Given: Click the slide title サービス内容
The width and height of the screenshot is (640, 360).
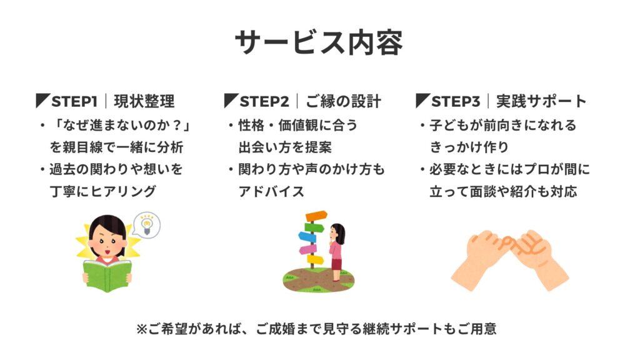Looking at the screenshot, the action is [x=319, y=42].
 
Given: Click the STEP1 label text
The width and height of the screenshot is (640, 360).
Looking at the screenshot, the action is [x=74, y=101].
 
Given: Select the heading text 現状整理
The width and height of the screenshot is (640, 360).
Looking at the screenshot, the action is [x=144, y=101].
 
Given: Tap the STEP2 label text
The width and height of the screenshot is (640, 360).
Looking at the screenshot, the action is [x=264, y=101].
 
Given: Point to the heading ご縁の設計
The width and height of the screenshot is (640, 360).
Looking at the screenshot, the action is [x=343, y=101].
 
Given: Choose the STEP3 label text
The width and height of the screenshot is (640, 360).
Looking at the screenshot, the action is [x=456, y=101].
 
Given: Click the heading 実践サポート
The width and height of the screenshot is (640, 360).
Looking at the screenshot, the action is [x=541, y=101].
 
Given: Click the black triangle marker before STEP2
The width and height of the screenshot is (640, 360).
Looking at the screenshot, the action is [x=231, y=101].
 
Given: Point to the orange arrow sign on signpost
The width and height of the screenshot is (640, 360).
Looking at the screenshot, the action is [x=316, y=216].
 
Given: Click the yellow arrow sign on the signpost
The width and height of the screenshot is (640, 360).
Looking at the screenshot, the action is [x=315, y=259].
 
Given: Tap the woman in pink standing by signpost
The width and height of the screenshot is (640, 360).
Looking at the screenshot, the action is [x=337, y=252].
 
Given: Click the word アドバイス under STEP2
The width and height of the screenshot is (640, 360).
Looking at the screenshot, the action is [x=271, y=191].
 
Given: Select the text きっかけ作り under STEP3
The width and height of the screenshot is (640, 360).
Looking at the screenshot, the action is [x=469, y=147].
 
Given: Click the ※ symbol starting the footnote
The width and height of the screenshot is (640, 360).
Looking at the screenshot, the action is [x=142, y=329].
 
